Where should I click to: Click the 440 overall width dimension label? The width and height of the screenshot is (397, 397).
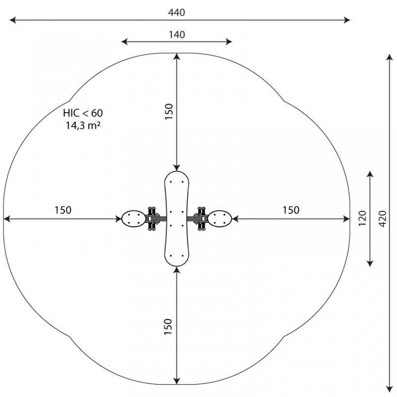click(176, 12)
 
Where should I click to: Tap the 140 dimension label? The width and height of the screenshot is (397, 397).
click(177, 35)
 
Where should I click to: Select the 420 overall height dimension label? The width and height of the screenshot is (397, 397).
click(383, 219)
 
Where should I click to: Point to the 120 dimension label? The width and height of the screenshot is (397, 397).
click(362, 218)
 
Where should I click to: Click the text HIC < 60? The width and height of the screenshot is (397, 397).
click(83, 113)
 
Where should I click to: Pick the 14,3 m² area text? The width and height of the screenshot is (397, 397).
click(83, 125)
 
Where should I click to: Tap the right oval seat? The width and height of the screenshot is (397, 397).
click(220, 219)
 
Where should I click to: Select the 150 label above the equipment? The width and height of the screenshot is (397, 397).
click(169, 112)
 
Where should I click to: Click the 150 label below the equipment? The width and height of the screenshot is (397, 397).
click(168, 327)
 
